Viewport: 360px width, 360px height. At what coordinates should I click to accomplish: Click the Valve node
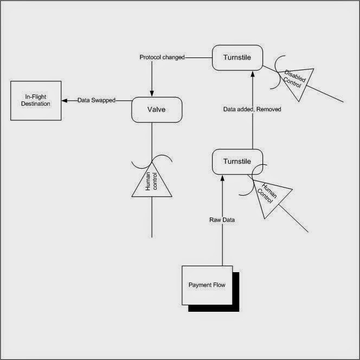point(157,111)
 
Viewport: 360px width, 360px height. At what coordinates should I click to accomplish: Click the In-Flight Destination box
point(36,101)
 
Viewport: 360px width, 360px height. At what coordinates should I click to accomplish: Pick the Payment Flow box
point(207,285)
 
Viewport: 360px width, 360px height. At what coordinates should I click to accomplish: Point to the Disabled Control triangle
point(296,83)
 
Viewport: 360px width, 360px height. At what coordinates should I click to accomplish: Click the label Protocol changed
point(162,57)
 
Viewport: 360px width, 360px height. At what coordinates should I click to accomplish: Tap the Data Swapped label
point(97,100)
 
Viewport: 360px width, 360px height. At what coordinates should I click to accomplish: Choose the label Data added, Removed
point(252,110)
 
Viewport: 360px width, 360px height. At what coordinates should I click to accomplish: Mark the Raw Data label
point(222,220)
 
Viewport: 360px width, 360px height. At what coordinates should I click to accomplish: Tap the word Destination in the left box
point(36,104)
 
